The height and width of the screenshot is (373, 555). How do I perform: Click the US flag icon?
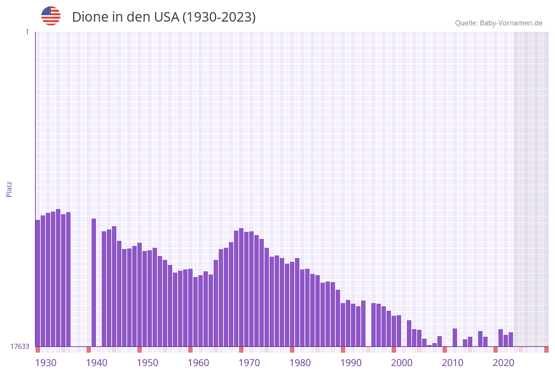51,16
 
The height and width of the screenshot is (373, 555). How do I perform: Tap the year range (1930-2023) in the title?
219,17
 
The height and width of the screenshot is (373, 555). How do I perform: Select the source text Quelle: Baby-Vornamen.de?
498,23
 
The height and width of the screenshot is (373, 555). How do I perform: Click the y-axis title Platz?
10,189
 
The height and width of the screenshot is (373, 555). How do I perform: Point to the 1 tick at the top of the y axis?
27,32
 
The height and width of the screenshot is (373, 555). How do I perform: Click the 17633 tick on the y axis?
20,346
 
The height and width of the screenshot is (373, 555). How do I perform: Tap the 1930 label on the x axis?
46,363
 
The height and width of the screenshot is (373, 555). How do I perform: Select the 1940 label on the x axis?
97,363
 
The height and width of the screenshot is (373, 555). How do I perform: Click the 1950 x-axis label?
147,363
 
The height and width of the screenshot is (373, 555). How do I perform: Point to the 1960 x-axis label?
198,363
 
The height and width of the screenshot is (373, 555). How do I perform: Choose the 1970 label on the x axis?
249,363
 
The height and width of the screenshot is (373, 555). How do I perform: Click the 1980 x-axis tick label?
300,363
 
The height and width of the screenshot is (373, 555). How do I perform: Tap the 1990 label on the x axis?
351,363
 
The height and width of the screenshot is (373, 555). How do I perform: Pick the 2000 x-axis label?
402,363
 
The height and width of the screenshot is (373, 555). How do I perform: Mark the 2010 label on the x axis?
453,363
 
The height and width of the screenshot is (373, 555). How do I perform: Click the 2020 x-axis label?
504,363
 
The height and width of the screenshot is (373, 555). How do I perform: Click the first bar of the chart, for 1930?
38,283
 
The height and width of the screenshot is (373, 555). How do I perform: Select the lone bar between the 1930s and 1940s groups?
93,282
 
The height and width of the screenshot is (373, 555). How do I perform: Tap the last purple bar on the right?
510,339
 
